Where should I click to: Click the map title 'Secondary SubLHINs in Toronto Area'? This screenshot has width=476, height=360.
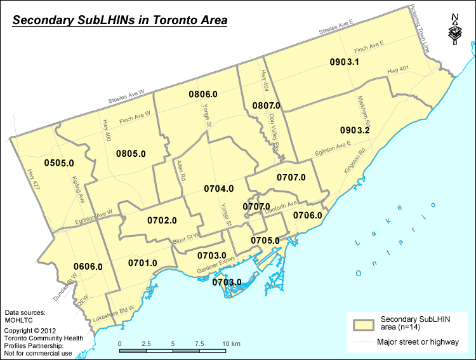120,20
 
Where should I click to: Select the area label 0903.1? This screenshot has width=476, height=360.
345,62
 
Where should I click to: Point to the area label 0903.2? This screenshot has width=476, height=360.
355,130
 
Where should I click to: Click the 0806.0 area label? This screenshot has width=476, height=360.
203,94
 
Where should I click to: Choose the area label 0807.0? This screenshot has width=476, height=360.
267,105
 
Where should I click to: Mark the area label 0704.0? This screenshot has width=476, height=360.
219,189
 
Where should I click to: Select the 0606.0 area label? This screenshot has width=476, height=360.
88,266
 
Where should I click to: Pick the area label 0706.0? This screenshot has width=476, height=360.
308,215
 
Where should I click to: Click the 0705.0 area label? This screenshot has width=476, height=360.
265,241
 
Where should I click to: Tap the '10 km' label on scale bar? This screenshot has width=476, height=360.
231,344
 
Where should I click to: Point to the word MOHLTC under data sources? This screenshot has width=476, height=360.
18,321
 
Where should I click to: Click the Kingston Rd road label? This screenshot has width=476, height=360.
353,163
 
